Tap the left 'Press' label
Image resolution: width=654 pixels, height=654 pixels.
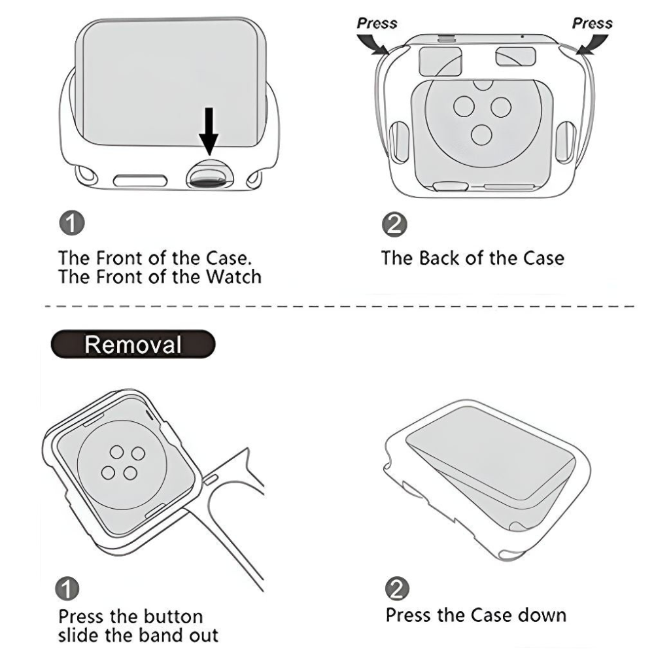tap(377, 23)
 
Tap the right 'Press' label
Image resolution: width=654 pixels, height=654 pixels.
tap(592, 23)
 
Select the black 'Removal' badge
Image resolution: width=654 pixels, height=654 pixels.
tap(133, 343)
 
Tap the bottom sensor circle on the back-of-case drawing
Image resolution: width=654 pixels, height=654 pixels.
tap(481, 135)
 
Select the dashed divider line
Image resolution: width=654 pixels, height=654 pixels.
tap(327, 305)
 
